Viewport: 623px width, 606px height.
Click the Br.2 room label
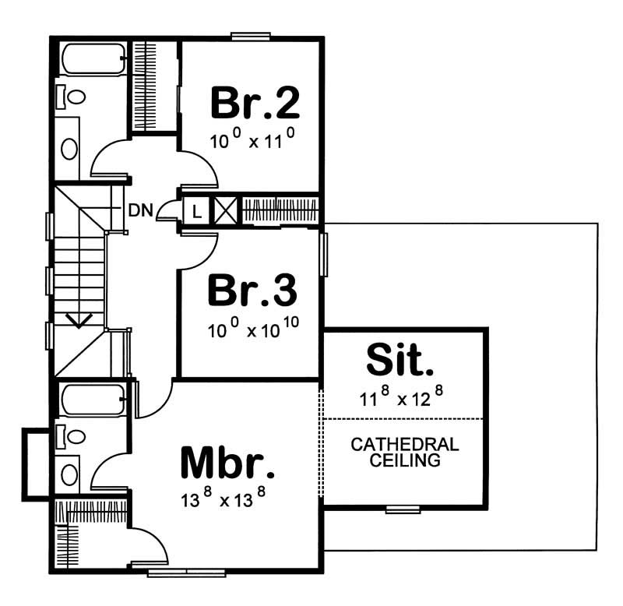(255, 103)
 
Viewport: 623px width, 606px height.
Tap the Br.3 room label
(252, 291)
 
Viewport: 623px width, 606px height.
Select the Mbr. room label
(227, 463)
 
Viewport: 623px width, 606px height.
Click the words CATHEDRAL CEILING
(404, 453)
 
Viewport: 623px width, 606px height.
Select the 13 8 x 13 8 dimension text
(226, 499)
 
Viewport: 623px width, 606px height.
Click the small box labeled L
(196, 210)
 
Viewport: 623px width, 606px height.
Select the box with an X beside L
(224, 210)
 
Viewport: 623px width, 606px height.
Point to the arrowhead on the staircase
(79, 320)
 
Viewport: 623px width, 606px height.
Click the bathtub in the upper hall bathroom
(93, 58)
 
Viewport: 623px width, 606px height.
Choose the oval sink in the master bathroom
(70, 474)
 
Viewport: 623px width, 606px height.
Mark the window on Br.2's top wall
(251, 36)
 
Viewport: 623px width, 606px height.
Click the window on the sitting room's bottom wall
(403, 509)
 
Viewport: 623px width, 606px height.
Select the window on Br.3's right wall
(324, 253)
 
